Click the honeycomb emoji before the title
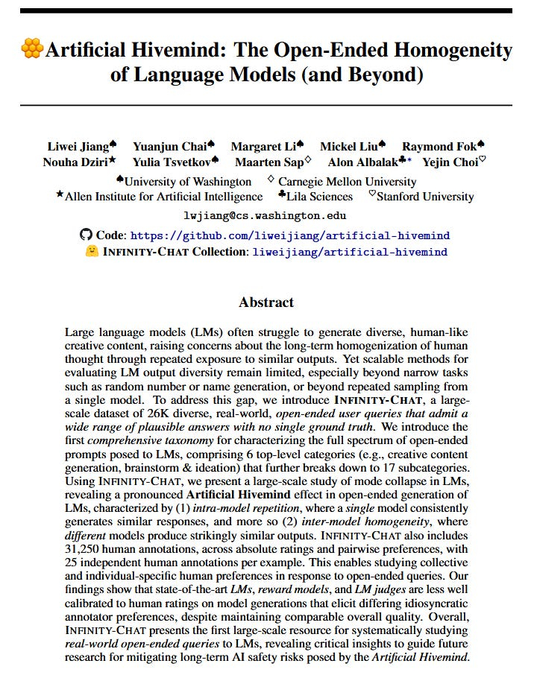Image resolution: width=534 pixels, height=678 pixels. pyautogui.click(x=32, y=50)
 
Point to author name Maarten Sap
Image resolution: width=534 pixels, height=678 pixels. pyautogui.click(x=269, y=162)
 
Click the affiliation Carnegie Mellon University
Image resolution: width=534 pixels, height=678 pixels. pyautogui.click(x=347, y=181)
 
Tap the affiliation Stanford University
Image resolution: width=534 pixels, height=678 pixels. pyautogui.click(x=425, y=197)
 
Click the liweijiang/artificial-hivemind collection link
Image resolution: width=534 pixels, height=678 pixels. pyautogui.click(x=350, y=252)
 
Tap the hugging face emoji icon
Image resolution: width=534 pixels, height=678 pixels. pyautogui.click(x=92, y=252)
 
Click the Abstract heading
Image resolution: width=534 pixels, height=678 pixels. pyautogui.click(x=266, y=302)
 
